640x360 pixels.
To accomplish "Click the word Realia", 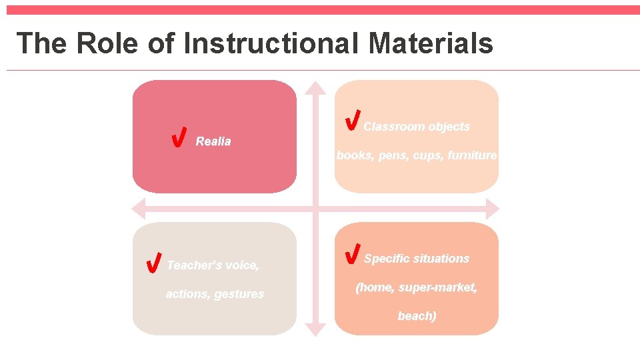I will point(213,141).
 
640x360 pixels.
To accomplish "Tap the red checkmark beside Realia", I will point(178,137).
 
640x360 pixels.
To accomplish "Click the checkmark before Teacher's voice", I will point(153,263).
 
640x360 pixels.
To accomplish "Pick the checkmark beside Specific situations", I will point(353,253).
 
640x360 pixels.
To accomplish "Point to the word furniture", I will point(472,155).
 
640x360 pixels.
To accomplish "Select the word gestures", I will point(239,294).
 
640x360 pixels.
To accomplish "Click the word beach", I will point(417,316).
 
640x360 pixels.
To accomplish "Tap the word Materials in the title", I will point(431,43).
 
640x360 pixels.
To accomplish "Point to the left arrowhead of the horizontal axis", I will point(139,209).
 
